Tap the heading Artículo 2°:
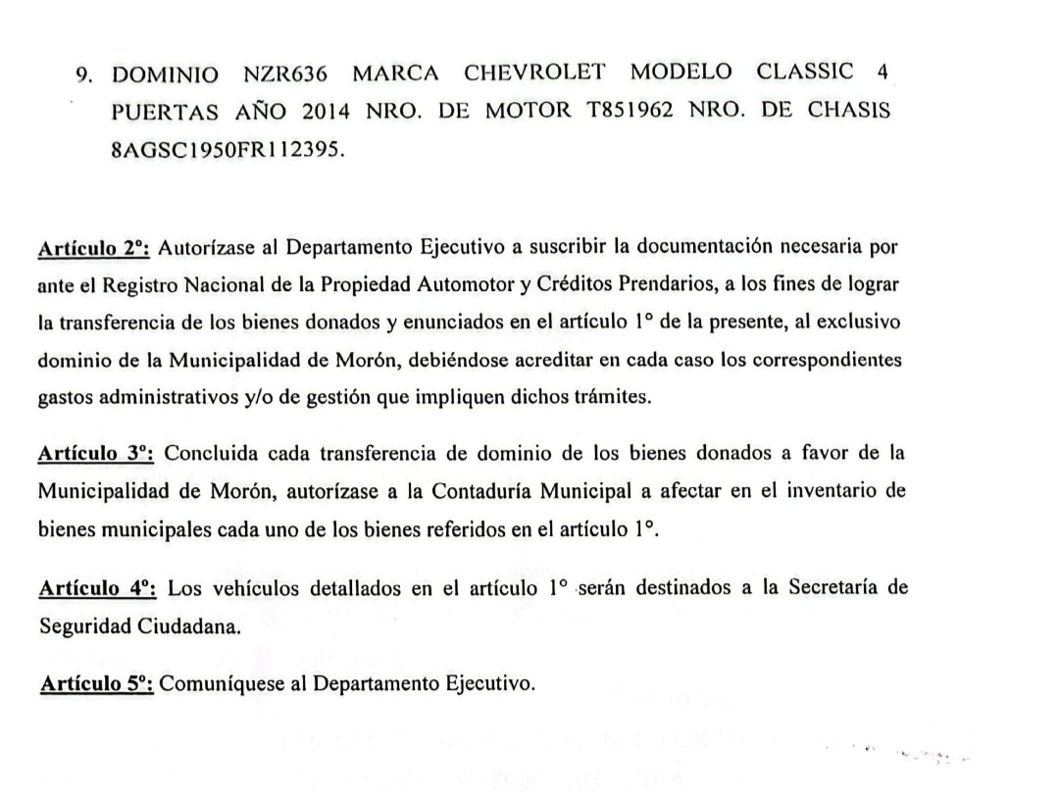92,248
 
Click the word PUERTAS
161,112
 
